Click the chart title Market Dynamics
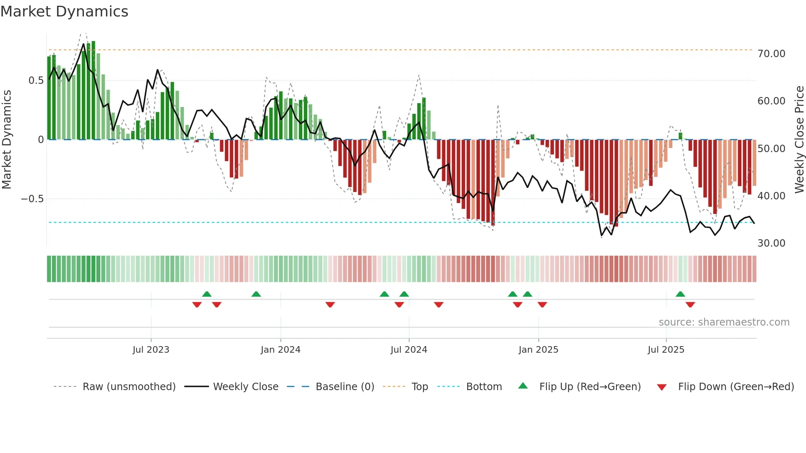click(65, 12)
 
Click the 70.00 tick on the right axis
click(771, 54)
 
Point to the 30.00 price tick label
click(771, 243)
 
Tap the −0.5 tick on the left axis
click(32, 199)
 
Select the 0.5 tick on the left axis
click(36, 81)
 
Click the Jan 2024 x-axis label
click(280, 350)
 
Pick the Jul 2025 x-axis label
click(666, 350)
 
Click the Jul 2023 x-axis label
click(151, 350)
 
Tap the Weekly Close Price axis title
click(799, 140)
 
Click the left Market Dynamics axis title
click(7, 140)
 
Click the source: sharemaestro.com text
click(724, 322)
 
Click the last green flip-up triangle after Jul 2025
click(680, 294)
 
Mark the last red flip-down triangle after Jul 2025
click(690, 305)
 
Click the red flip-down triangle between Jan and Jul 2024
click(330, 305)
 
